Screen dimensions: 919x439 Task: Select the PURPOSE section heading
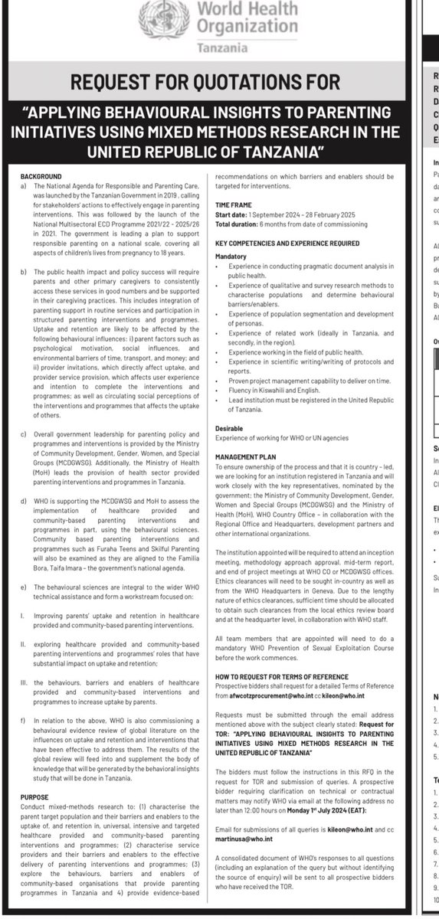pyautogui.click(x=34, y=797)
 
